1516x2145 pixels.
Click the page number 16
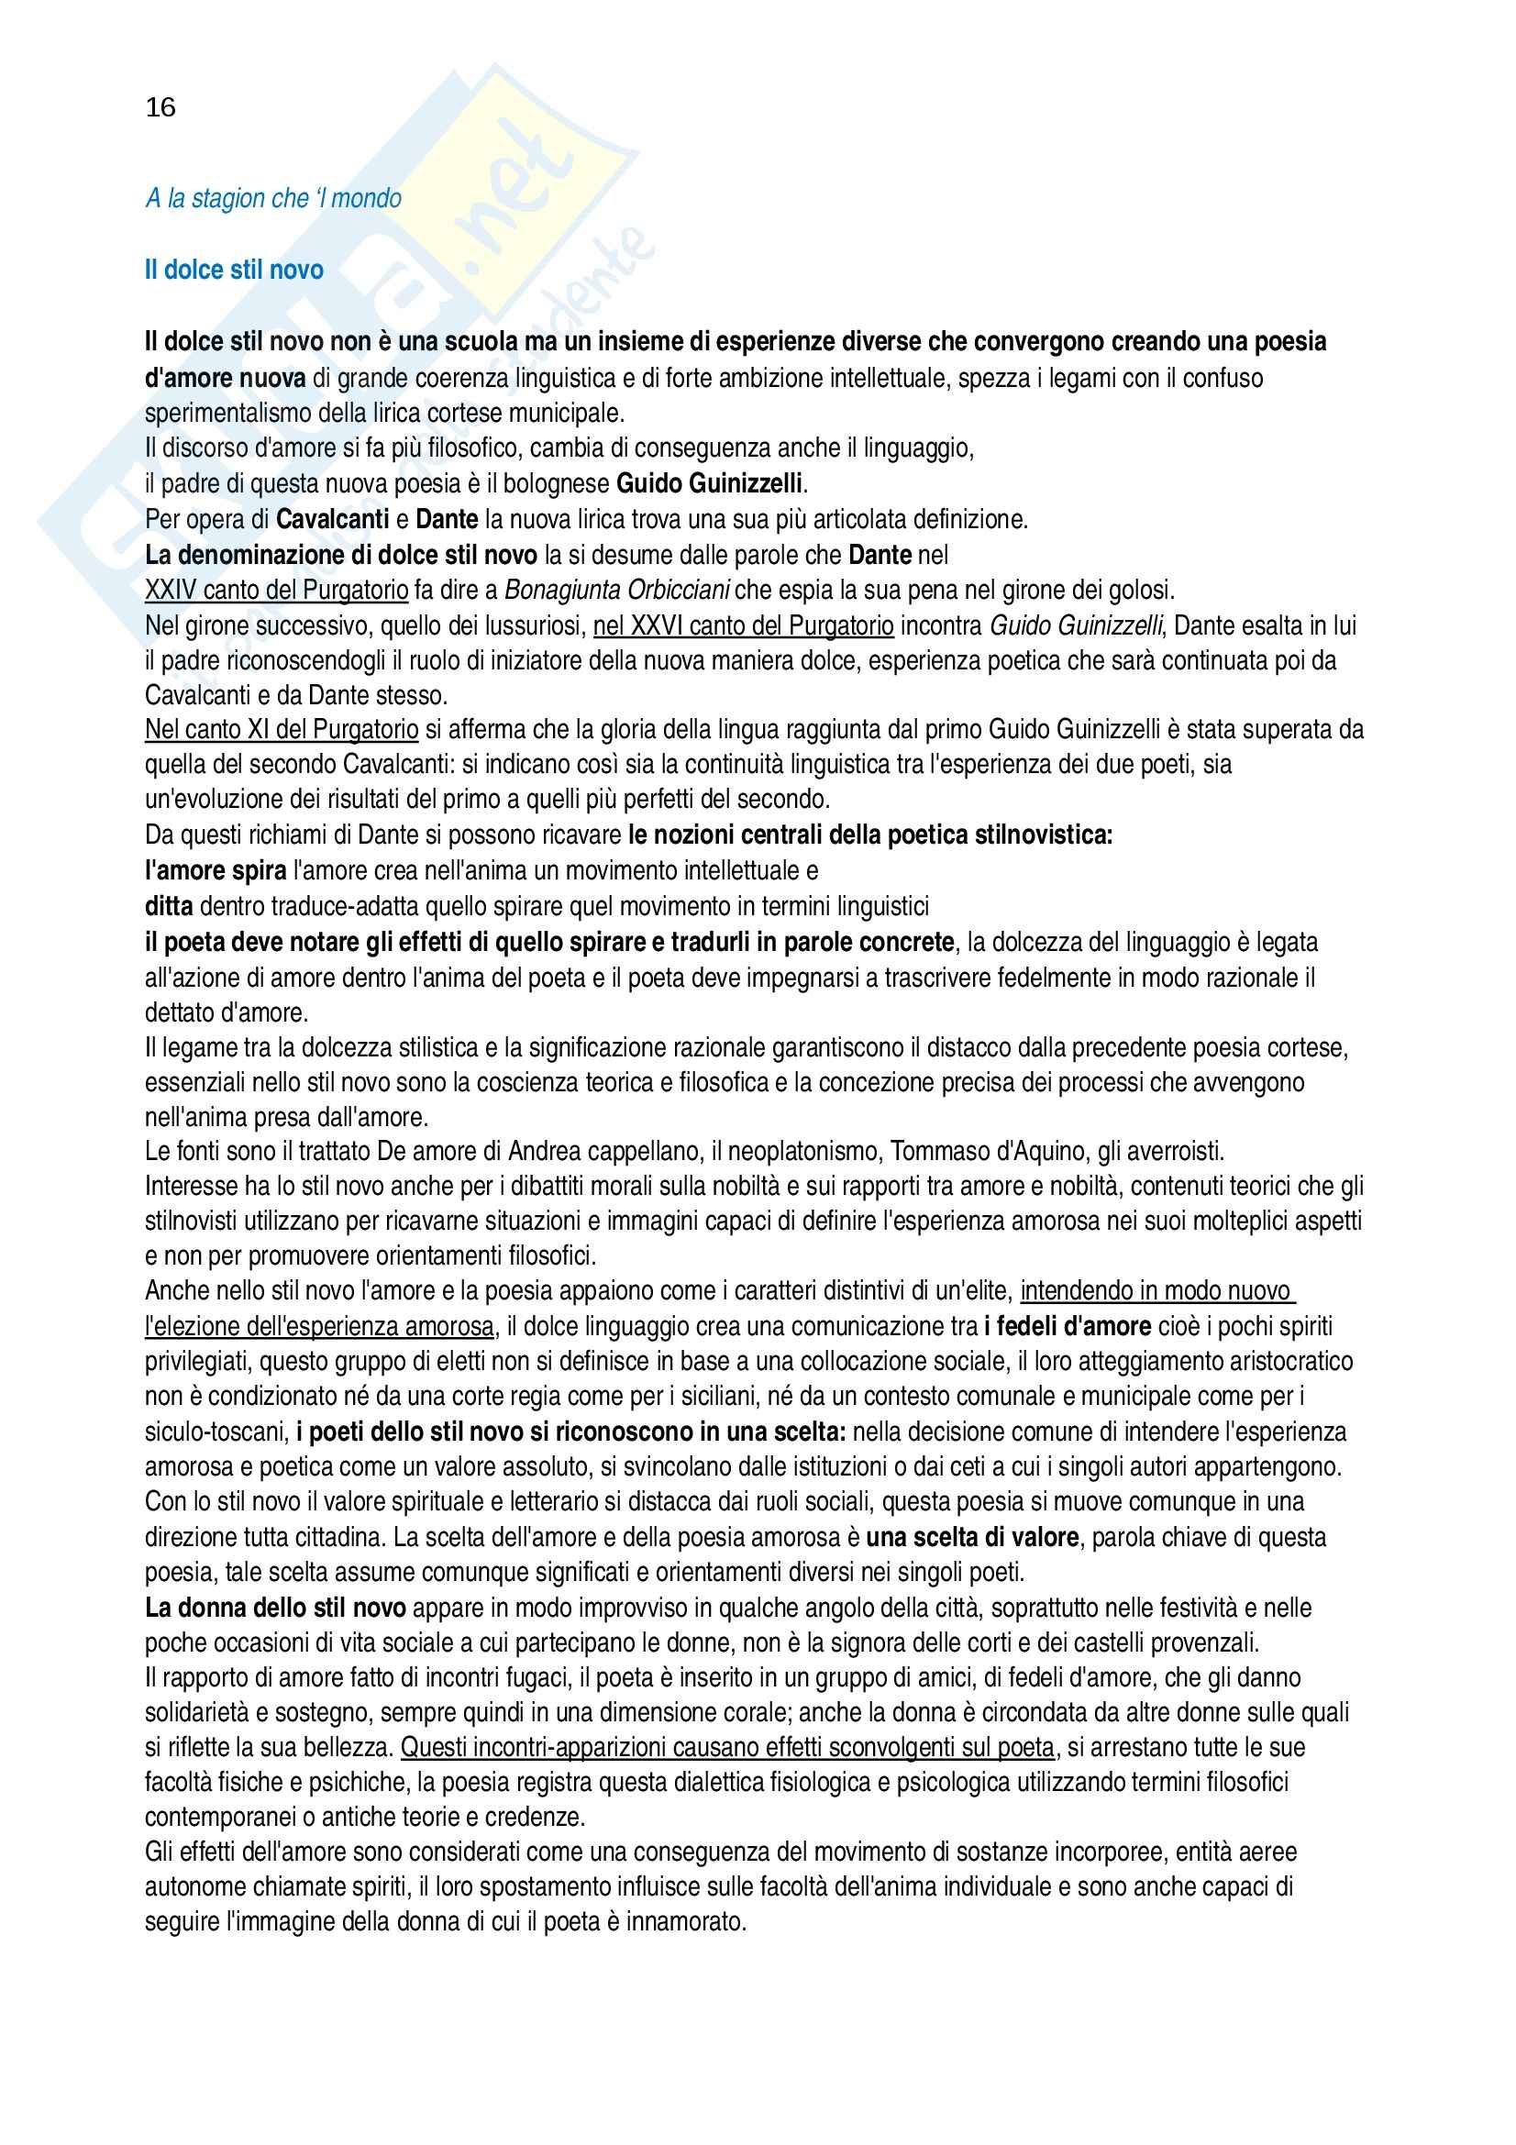(160, 107)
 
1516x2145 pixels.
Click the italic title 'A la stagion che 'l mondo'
(272, 198)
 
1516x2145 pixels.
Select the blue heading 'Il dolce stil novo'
(234, 270)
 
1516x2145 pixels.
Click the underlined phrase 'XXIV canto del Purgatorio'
(276, 590)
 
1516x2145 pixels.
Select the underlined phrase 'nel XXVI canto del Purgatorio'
(744, 625)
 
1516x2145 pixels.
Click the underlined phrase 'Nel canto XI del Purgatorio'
(282, 729)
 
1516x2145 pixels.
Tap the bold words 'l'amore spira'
(216, 870)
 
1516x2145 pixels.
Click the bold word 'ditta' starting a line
(169, 906)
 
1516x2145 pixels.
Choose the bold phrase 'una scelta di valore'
(972, 1537)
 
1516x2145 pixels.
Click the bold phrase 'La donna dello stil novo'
(275, 1608)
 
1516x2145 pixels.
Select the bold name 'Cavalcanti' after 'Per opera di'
(333, 519)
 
